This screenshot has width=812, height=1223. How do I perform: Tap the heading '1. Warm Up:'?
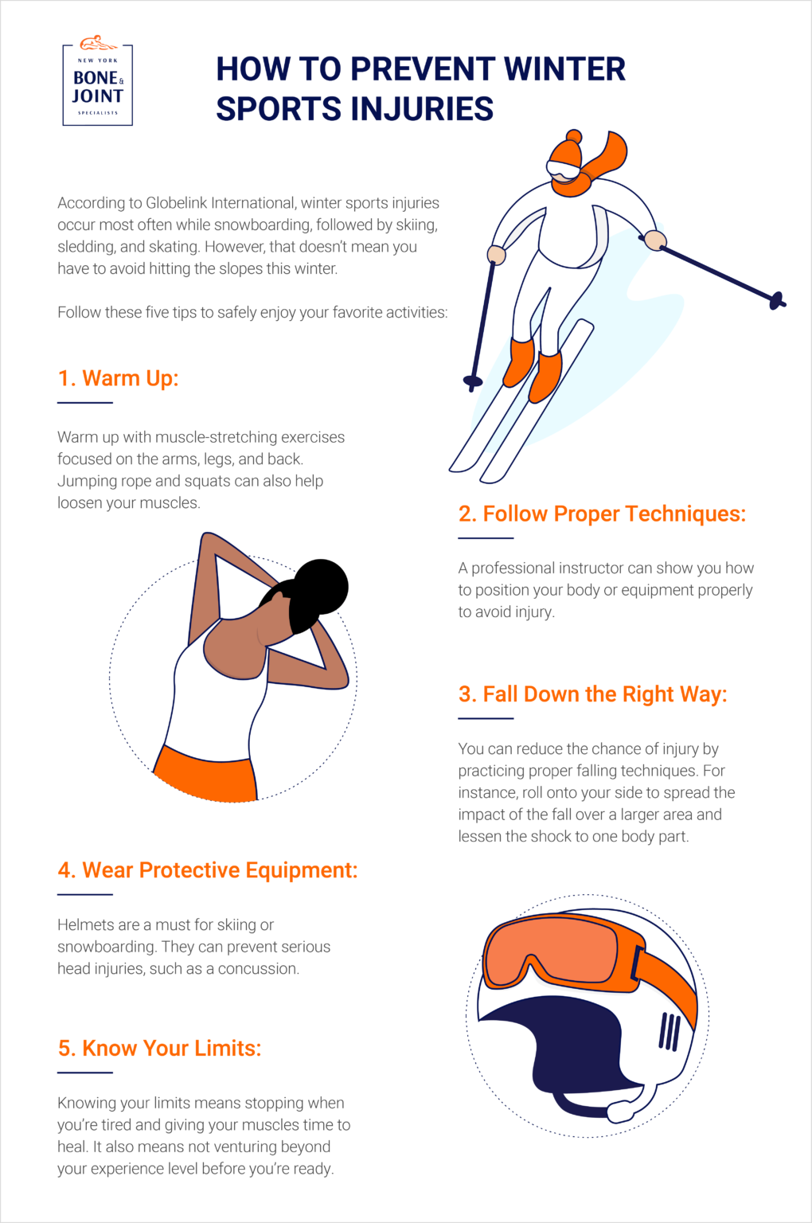click(118, 378)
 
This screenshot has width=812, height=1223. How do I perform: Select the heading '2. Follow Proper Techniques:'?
click(602, 514)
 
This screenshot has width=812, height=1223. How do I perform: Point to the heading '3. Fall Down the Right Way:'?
click(592, 694)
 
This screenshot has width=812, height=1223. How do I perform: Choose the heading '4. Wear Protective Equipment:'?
click(207, 870)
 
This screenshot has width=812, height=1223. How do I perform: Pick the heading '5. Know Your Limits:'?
click(159, 1049)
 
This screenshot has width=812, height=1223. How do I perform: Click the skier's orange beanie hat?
click(566, 151)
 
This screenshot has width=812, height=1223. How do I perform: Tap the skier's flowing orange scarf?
click(610, 155)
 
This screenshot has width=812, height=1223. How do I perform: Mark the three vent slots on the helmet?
click(670, 1032)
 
